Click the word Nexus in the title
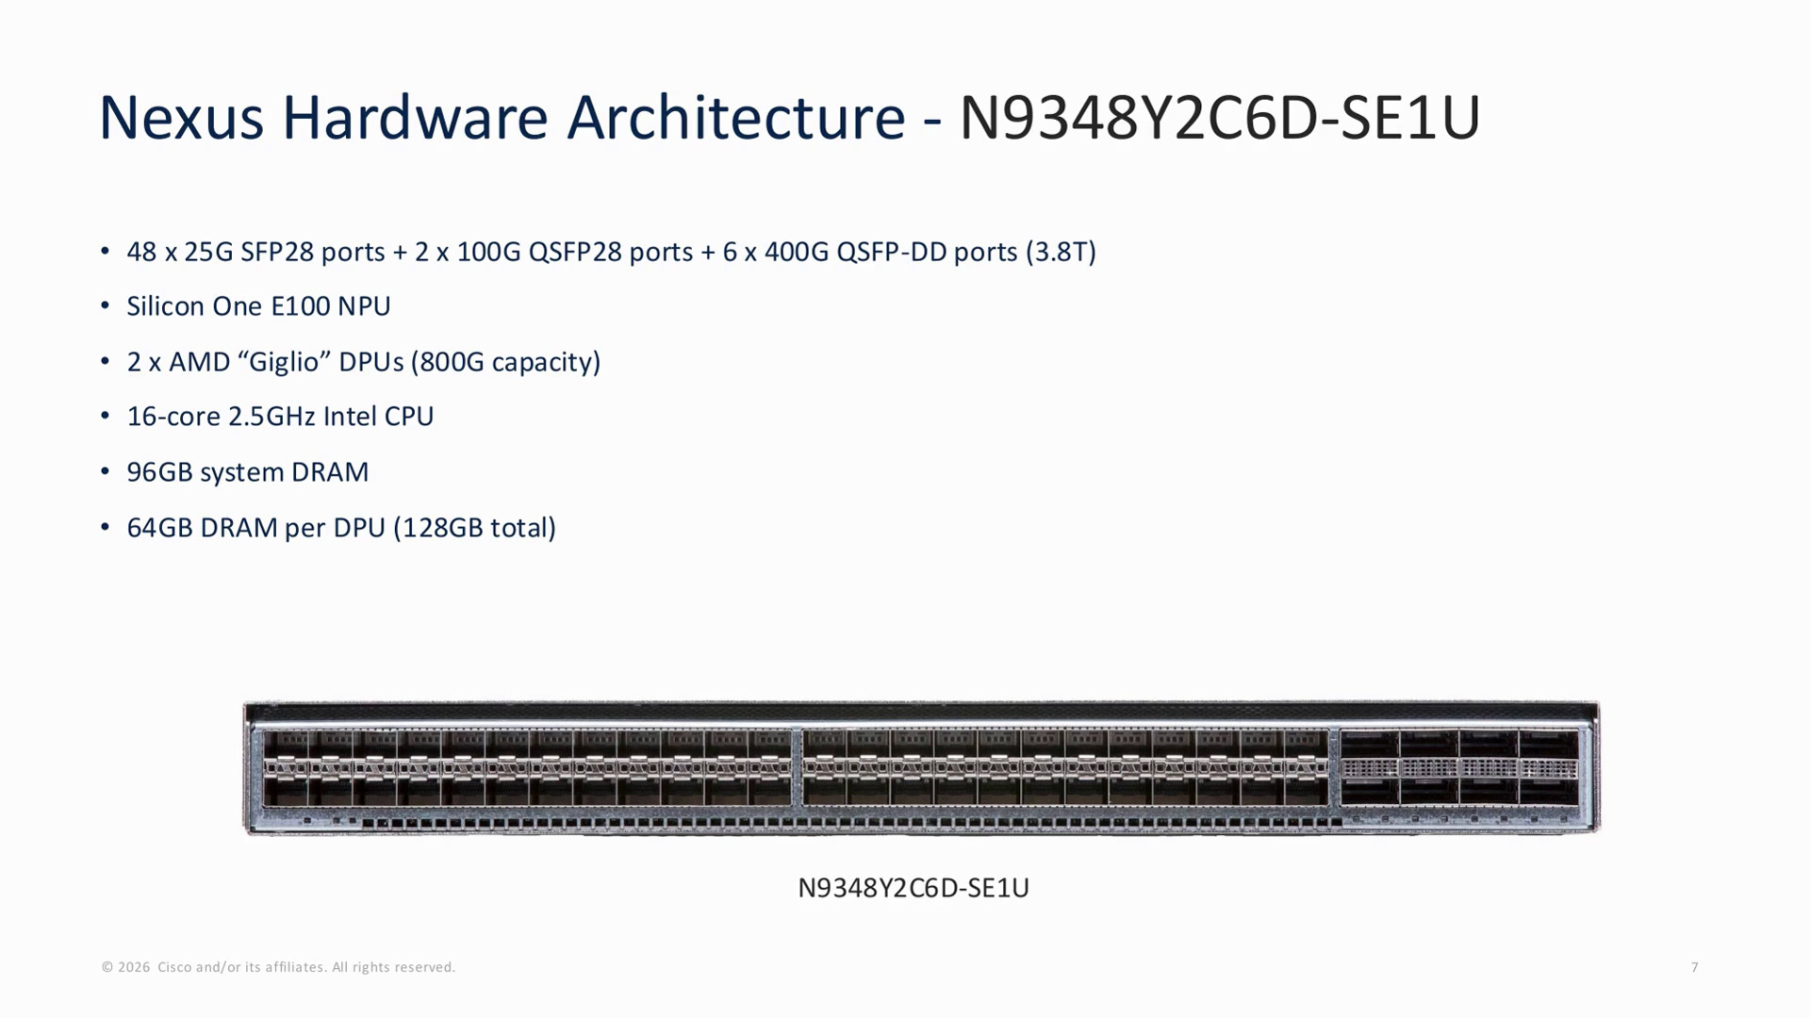click(x=181, y=118)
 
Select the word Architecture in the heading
click(x=735, y=118)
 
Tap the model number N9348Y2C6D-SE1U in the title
click(x=1220, y=118)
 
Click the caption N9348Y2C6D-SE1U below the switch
click(x=913, y=888)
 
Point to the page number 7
click(x=1695, y=967)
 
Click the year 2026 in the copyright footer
click(x=134, y=967)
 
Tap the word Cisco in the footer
click(x=174, y=967)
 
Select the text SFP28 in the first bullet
click(x=276, y=253)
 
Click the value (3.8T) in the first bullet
click(x=1061, y=253)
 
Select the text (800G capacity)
click(x=505, y=362)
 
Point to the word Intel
click(x=350, y=417)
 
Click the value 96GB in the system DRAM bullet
click(x=159, y=472)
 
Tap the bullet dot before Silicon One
click(x=106, y=306)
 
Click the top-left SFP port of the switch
click(x=286, y=743)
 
